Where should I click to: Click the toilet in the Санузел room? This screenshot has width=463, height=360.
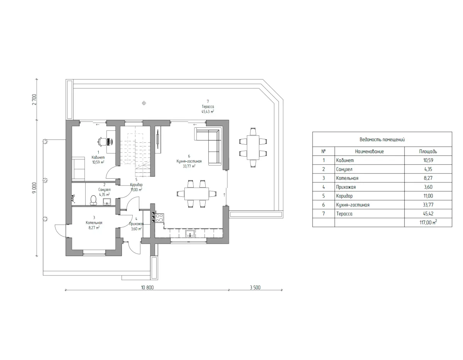[x=93, y=200]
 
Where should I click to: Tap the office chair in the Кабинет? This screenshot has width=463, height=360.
[x=102, y=142]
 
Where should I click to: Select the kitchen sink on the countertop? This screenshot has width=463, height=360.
[x=190, y=233]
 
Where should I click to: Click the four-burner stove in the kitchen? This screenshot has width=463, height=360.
[x=160, y=218]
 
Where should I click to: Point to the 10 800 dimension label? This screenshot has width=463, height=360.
[x=147, y=287]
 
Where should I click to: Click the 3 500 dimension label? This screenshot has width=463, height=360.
[x=255, y=287]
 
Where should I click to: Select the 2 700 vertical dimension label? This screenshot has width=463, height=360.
[x=34, y=100]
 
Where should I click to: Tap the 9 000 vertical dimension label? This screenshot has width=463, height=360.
[x=34, y=188]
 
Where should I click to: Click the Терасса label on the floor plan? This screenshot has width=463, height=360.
[x=208, y=106]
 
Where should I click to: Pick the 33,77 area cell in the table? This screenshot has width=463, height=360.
[x=428, y=205]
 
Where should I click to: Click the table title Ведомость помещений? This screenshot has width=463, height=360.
[x=382, y=140]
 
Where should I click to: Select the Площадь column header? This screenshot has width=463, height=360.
[x=428, y=152]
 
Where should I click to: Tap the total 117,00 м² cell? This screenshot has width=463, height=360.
[x=428, y=222]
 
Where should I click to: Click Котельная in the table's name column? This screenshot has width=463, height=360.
[x=347, y=178]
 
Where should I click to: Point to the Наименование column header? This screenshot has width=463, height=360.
[x=369, y=152]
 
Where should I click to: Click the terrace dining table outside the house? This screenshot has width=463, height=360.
[x=253, y=147]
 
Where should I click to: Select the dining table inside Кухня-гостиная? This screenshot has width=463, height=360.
[x=196, y=194]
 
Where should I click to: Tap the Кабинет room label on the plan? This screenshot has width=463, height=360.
[x=98, y=157]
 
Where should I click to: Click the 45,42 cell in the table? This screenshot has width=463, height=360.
[x=428, y=214]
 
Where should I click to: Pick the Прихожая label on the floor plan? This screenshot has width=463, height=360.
[x=136, y=224]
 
